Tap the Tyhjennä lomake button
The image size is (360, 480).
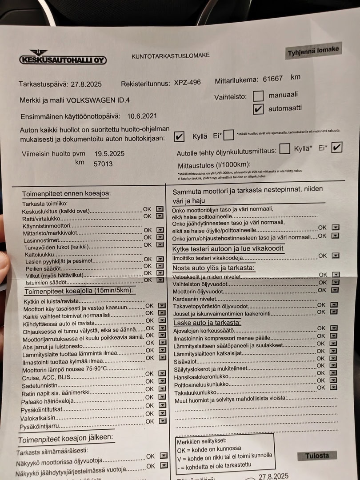click(313, 51)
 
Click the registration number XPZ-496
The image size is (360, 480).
click(187, 83)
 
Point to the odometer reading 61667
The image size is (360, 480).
click(273, 79)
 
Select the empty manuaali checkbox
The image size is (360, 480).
click(258, 96)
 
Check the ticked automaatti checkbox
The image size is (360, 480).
click(258, 108)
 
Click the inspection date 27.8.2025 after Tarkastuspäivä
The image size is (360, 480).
click(85, 84)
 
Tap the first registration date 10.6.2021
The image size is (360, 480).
click(142, 116)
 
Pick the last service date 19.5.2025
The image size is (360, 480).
click(109, 154)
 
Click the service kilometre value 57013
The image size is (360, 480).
click(103, 164)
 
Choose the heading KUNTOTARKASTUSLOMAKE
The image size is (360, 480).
click(170, 56)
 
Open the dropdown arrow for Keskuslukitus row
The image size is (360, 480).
click(160, 209)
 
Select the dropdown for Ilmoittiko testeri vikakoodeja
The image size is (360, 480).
click(336, 256)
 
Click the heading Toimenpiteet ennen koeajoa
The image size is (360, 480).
click(67, 194)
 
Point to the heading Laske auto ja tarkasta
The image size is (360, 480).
click(207, 323)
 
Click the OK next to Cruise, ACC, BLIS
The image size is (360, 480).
click(150, 374)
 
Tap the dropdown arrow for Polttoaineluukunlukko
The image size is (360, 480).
click(334, 380)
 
